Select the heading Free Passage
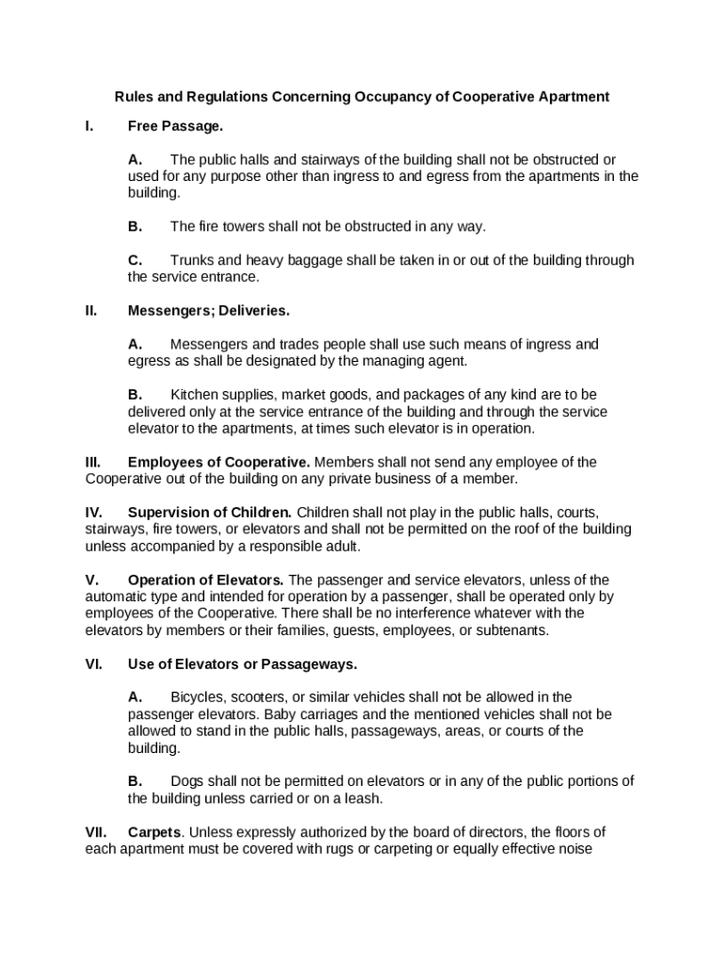point(175,126)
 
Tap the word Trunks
point(193,260)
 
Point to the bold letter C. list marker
point(136,260)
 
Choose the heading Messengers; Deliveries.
point(209,310)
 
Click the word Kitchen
point(196,394)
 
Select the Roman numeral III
point(93,462)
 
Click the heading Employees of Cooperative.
point(218,462)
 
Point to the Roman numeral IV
point(93,513)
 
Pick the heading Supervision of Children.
point(210,513)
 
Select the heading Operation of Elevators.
point(206,580)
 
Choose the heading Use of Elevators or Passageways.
point(242,664)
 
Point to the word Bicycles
point(200,697)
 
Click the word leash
point(362,798)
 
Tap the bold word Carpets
point(153,832)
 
